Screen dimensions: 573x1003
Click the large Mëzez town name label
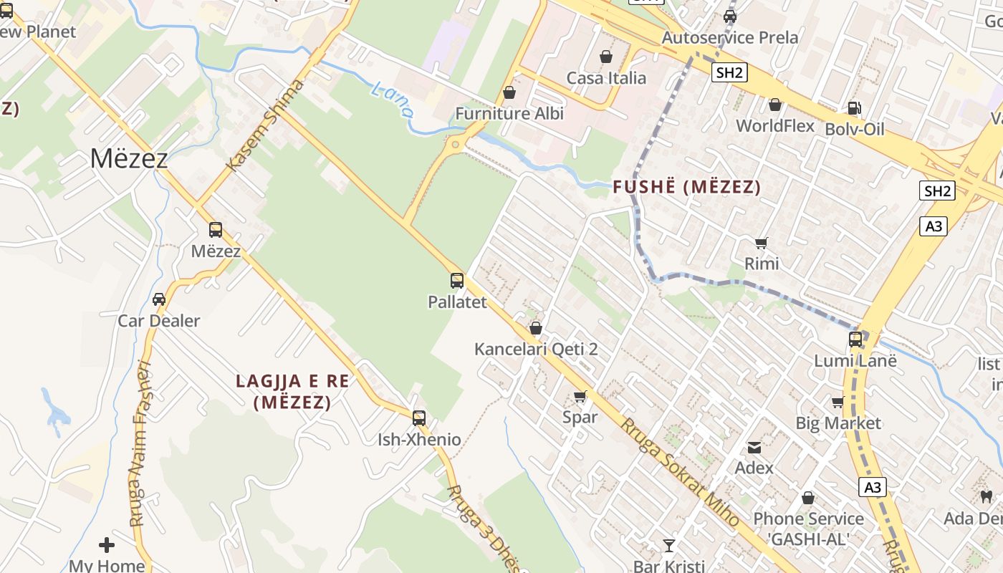click(x=129, y=158)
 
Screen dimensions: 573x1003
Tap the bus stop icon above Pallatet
click(x=457, y=281)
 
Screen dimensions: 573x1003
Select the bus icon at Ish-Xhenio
click(x=419, y=418)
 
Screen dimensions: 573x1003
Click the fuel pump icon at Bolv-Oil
click(x=854, y=108)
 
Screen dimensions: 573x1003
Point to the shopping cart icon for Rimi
click(x=762, y=243)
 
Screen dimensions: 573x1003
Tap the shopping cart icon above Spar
click(x=580, y=396)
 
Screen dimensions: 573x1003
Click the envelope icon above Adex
click(x=754, y=448)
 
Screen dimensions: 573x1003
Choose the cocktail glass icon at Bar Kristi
click(x=669, y=546)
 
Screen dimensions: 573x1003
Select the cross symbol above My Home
click(x=107, y=545)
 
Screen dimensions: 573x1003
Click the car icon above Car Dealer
click(x=159, y=299)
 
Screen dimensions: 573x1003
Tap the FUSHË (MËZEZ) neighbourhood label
click(x=686, y=188)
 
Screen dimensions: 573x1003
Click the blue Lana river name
click(x=393, y=100)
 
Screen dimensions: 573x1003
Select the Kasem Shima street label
click(x=265, y=125)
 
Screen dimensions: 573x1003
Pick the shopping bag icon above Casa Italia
click(x=606, y=56)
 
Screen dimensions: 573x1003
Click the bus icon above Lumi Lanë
click(x=855, y=340)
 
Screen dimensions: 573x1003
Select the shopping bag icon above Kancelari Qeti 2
click(x=536, y=328)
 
